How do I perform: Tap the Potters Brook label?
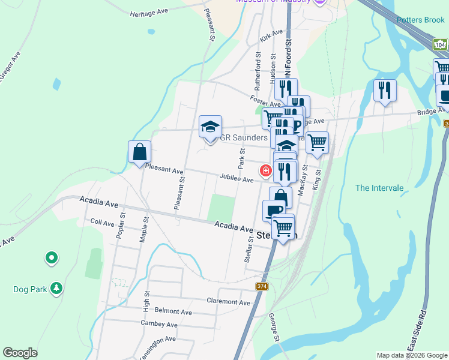pyautogui.click(x=420, y=20)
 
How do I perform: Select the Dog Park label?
pyautogui.click(x=30, y=289)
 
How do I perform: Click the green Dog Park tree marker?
pyautogui.click(x=56, y=289)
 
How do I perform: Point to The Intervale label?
pyautogui.click(x=379, y=188)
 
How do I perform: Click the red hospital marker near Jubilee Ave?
pyautogui.click(x=265, y=171)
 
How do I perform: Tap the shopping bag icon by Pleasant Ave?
pyautogui.click(x=139, y=152)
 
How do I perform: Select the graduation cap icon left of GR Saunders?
pyautogui.click(x=210, y=127)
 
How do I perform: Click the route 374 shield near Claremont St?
pyautogui.click(x=261, y=286)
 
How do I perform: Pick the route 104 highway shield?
pyautogui.click(x=440, y=45)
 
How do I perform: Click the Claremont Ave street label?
pyautogui.click(x=228, y=302)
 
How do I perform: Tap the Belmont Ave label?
pyautogui.click(x=173, y=312)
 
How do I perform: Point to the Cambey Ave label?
pyautogui.click(x=159, y=325)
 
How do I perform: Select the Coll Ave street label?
pyautogui.click(x=102, y=223)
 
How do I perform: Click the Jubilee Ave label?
pyautogui.click(x=237, y=178)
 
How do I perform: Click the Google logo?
pyautogui.click(x=20, y=353)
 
